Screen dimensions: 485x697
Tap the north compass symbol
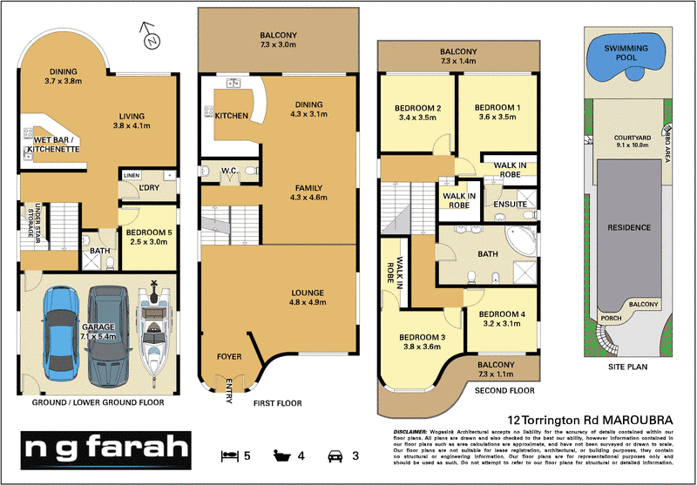pyautogui.click(x=151, y=37)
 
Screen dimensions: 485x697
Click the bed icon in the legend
pyautogui.click(x=229, y=455)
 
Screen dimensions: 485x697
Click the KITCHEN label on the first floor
pyautogui.click(x=232, y=116)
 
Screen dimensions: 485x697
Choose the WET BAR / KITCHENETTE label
pyautogui.click(x=57, y=145)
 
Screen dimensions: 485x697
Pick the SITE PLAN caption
pyautogui.click(x=627, y=367)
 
